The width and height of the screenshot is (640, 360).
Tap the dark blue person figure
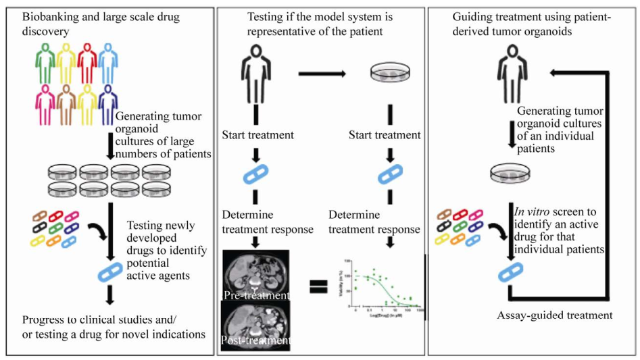(107, 105)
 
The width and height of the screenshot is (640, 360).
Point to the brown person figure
(66, 105)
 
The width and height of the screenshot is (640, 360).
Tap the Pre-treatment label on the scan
(255, 295)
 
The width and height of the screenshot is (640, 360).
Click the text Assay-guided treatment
(555, 315)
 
